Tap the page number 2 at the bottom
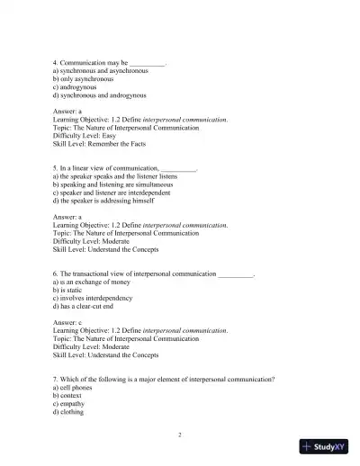coord(180,435)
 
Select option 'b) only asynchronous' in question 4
coord(85,77)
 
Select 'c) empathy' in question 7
coord(72,403)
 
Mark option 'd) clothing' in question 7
coord(72,411)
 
